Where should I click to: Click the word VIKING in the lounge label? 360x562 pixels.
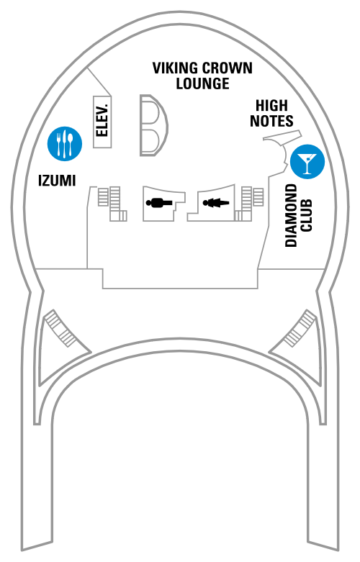[x=175, y=68]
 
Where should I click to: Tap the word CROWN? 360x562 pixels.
[x=228, y=68]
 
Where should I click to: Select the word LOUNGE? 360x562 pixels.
[x=202, y=83]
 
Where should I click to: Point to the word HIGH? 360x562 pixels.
[x=271, y=105]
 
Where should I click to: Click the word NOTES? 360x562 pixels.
[x=271, y=121]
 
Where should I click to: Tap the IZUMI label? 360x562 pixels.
[x=57, y=181]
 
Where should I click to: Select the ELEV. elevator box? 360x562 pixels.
[x=102, y=122]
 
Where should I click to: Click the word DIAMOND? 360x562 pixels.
[x=291, y=215]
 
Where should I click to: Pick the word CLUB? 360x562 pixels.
[x=306, y=215]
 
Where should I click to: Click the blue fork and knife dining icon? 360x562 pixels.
[x=65, y=144]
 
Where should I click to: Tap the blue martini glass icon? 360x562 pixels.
[x=307, y=162]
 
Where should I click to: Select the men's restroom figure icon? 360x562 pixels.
[x=160, y=203]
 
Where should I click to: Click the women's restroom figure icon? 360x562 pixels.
[x=215, y=203]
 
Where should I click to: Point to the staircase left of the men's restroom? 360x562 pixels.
[x=112, y=203]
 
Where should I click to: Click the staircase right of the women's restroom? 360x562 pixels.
[x=249, y=203]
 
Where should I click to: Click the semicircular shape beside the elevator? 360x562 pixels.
[x=153, y=125]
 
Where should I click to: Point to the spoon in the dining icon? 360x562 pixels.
[x=71, y=143]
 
